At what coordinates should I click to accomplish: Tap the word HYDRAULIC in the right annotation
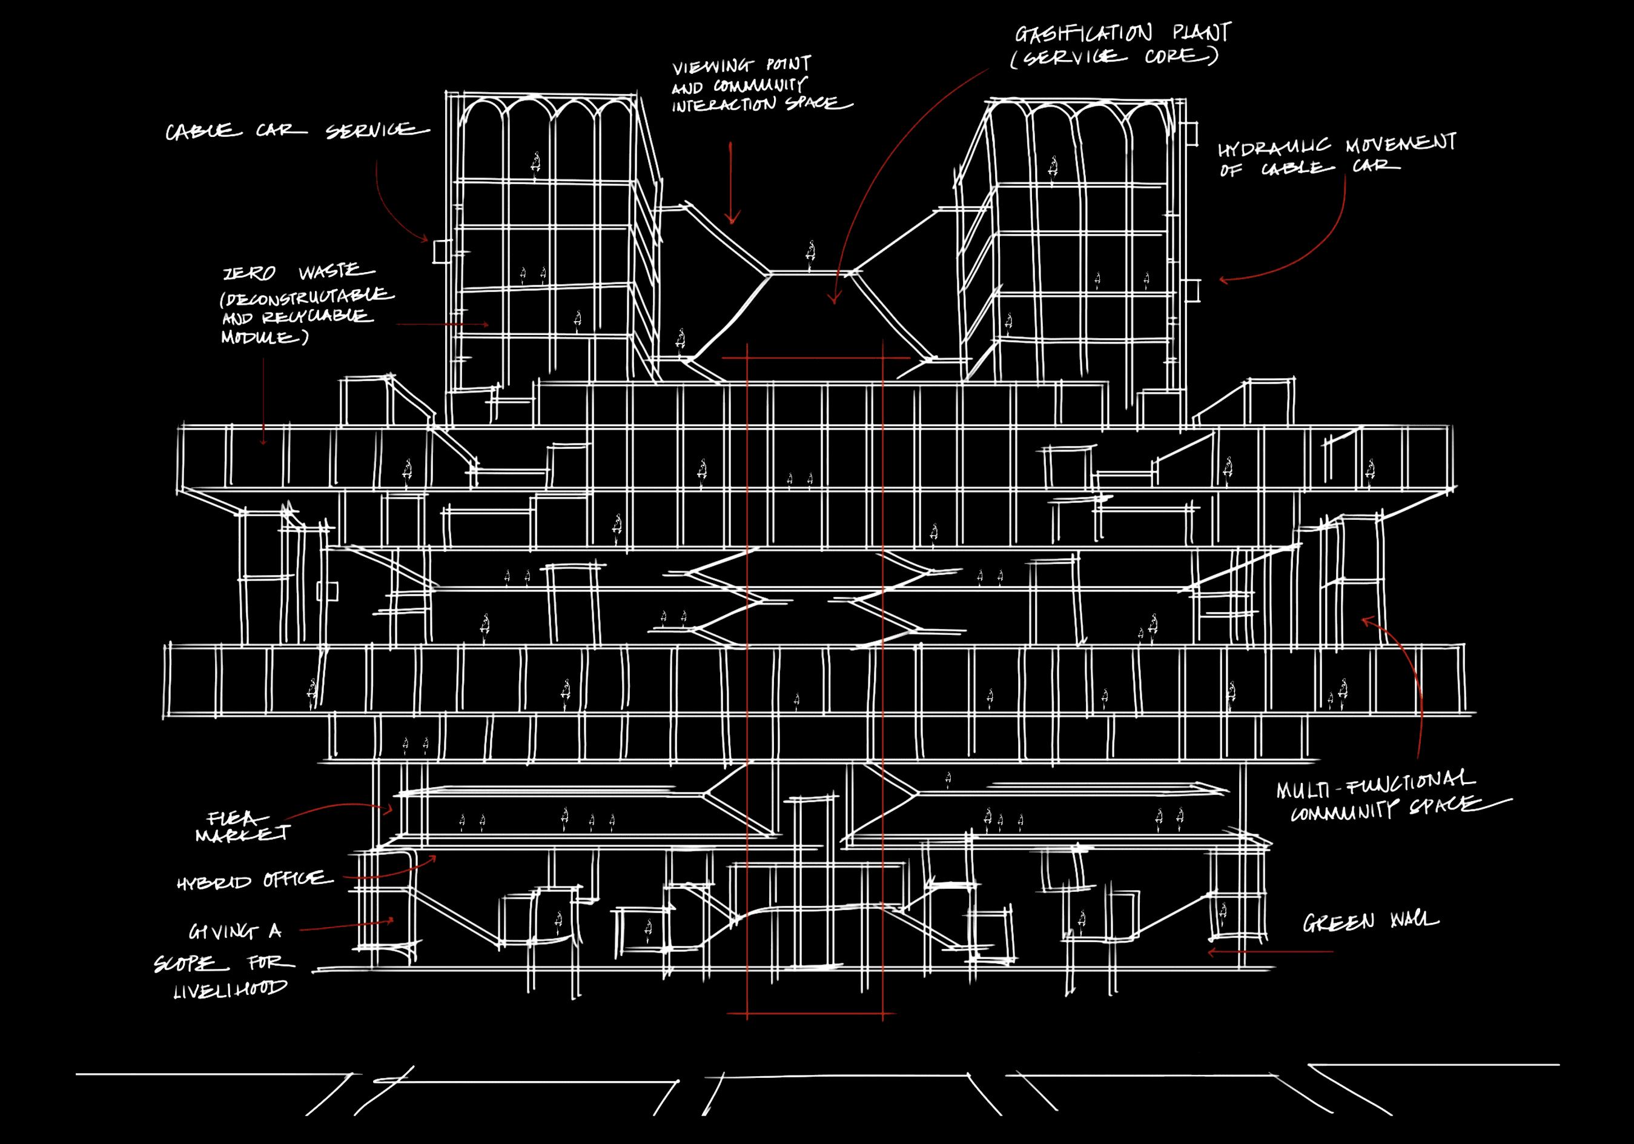[1273, 148]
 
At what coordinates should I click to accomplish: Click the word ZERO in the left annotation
[249, 274]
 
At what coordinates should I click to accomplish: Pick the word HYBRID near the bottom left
[214, 883]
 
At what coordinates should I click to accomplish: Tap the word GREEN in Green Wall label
[1338, 923]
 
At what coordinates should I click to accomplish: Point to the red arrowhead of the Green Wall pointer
[1212, 952]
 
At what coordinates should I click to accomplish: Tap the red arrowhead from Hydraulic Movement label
[1223, 280]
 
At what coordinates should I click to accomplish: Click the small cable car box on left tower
[442, 251]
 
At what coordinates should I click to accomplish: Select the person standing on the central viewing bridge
[810, 254]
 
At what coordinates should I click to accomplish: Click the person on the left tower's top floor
[535, 164]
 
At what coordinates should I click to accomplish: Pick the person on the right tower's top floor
[1053, 168]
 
